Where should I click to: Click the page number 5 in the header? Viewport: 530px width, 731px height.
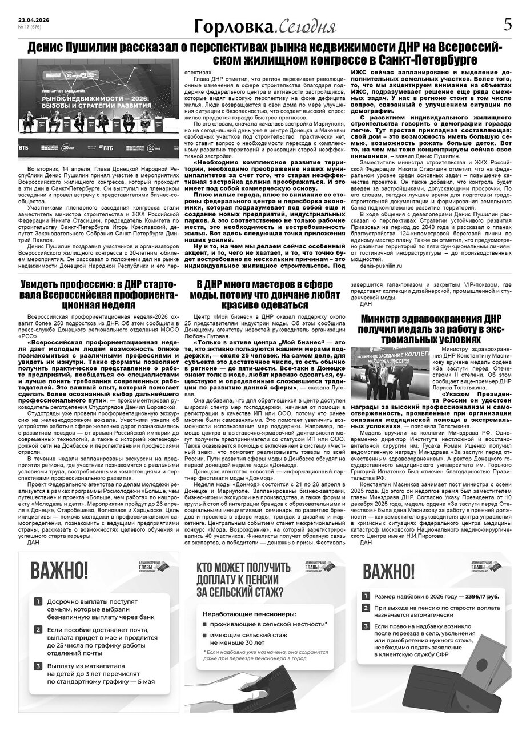(x=507, y=26)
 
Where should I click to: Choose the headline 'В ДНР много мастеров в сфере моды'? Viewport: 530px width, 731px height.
(x=264, y=294)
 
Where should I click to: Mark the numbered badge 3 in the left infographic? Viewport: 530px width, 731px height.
(x=38, y=666)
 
